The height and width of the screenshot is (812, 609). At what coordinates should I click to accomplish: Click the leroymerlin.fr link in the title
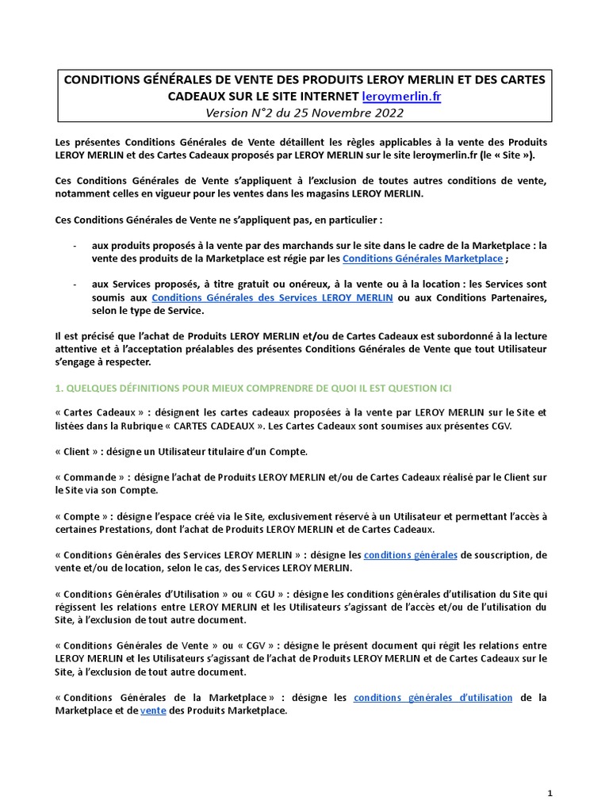[401, 97]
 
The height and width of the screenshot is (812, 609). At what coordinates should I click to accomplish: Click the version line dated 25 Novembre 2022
[304, 113]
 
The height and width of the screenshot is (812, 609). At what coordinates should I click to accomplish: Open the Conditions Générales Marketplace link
[423, 259]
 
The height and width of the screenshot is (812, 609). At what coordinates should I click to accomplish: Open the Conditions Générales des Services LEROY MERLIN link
[272, 297]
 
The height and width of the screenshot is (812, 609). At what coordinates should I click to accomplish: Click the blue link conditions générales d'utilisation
[433, 698]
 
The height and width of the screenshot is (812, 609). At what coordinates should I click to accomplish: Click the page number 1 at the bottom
[550, 793]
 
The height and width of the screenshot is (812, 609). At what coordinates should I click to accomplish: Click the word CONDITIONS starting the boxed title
[102, 80]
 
